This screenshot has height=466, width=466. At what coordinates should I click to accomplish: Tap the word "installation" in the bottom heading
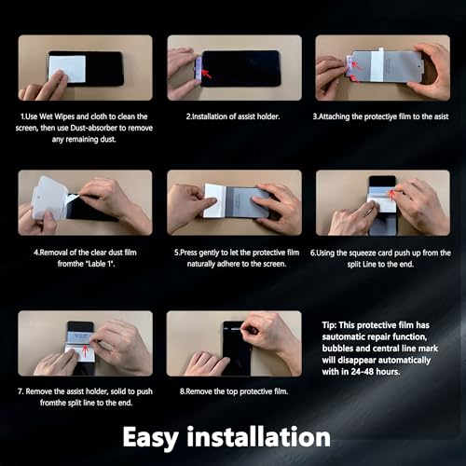[258, 436]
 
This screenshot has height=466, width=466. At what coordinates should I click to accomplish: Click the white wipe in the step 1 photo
[67, 69]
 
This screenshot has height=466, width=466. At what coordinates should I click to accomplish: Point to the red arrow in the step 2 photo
[207, 74]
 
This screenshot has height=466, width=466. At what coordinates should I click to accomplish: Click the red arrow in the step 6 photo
[392, 195]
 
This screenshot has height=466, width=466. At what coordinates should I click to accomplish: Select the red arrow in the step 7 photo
[85, 351]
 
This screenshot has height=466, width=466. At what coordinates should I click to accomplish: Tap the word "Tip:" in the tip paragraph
[329, 325]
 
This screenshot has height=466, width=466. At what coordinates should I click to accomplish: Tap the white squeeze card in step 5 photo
[214, 200]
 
